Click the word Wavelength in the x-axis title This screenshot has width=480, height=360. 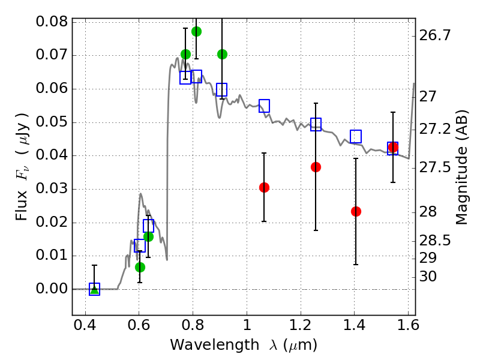(206, 345)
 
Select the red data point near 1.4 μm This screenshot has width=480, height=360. (356, 211)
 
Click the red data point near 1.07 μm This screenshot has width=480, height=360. (264, 187)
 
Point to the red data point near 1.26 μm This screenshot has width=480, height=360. (316, 167)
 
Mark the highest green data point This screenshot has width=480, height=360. (196, 31)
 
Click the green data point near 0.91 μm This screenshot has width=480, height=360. (222, 54)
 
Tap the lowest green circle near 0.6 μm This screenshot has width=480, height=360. (140, 267)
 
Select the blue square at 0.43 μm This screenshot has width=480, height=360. (94, 289)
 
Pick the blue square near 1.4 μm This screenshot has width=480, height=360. (356, 136)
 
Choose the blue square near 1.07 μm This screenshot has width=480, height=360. (264, 106)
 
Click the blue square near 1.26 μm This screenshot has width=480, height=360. (316, 124)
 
